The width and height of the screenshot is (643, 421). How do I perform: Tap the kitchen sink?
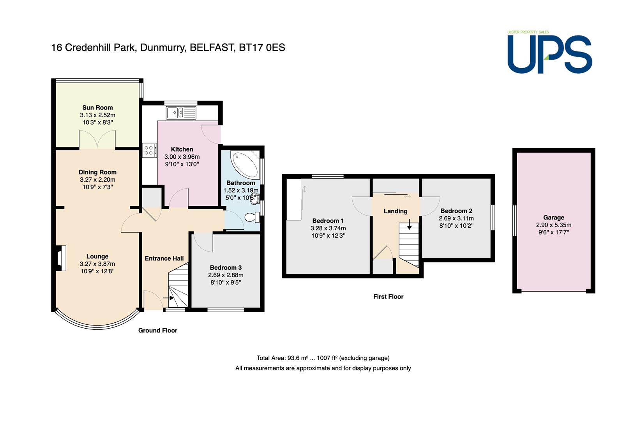(x=181, y=113)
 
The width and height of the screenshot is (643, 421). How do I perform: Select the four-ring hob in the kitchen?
(x=150, y=150)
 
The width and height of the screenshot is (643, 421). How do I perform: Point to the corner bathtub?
(x=245, y=164)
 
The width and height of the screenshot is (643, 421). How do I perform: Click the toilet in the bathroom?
(x=253, y=218)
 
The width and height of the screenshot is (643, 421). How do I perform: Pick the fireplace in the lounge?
(x=60, y=258)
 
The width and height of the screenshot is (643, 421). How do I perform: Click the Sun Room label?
(x=97, y=108)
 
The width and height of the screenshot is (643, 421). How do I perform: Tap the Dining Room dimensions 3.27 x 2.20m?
(x=97, y=180)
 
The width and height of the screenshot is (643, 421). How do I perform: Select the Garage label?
(x=553, y=218)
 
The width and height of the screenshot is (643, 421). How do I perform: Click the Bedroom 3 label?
(x=226, y=268)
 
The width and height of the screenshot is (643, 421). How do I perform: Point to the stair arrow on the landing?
(x=409, y=224)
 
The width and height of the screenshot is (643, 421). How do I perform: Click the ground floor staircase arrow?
(x=168, y=298)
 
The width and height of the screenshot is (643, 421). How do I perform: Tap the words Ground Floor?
(x=157, y=331)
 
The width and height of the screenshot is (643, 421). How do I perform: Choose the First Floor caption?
(x=388, y=297)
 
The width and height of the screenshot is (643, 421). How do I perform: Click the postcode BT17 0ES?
(x=262, y=48)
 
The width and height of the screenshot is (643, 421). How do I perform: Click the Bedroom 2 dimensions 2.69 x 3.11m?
(x=456, y=218)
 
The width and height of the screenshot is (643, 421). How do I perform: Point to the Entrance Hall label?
(x=164, y=258)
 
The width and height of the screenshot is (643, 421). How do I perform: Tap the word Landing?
(x=396, y=211)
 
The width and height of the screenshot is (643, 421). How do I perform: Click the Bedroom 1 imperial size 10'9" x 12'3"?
(x=328, y=236)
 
